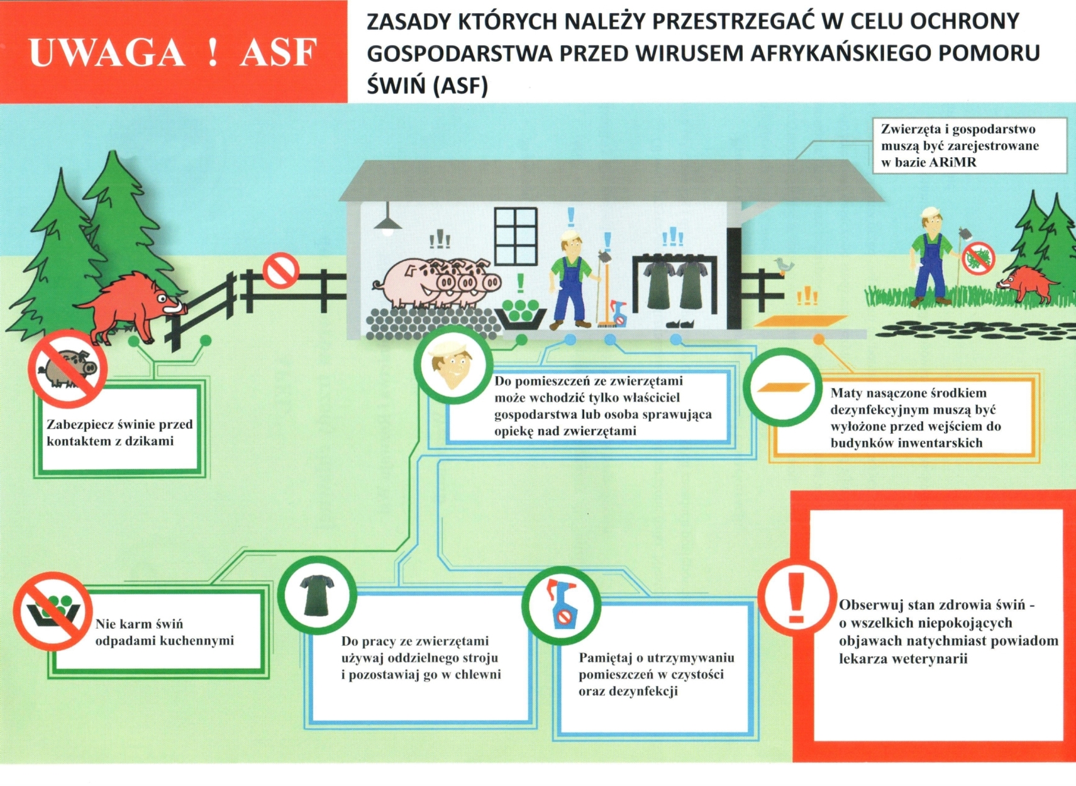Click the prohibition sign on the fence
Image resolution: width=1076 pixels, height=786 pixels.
click(x=280, y=270)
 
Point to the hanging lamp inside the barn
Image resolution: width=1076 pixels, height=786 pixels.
click(x=388, y=222)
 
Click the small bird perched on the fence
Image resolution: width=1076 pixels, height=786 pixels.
click(x=783, y=265)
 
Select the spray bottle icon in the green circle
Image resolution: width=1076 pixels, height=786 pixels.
click(x=561, y=605)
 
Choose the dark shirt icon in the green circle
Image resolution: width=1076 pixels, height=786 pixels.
click(x=317, y=595)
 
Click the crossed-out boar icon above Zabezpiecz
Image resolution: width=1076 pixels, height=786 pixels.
click(x=67, y=368)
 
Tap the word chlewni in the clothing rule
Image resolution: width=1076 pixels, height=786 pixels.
click(x=477, y=675)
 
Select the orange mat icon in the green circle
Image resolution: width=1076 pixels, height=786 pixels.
click(x=782, y=388)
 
